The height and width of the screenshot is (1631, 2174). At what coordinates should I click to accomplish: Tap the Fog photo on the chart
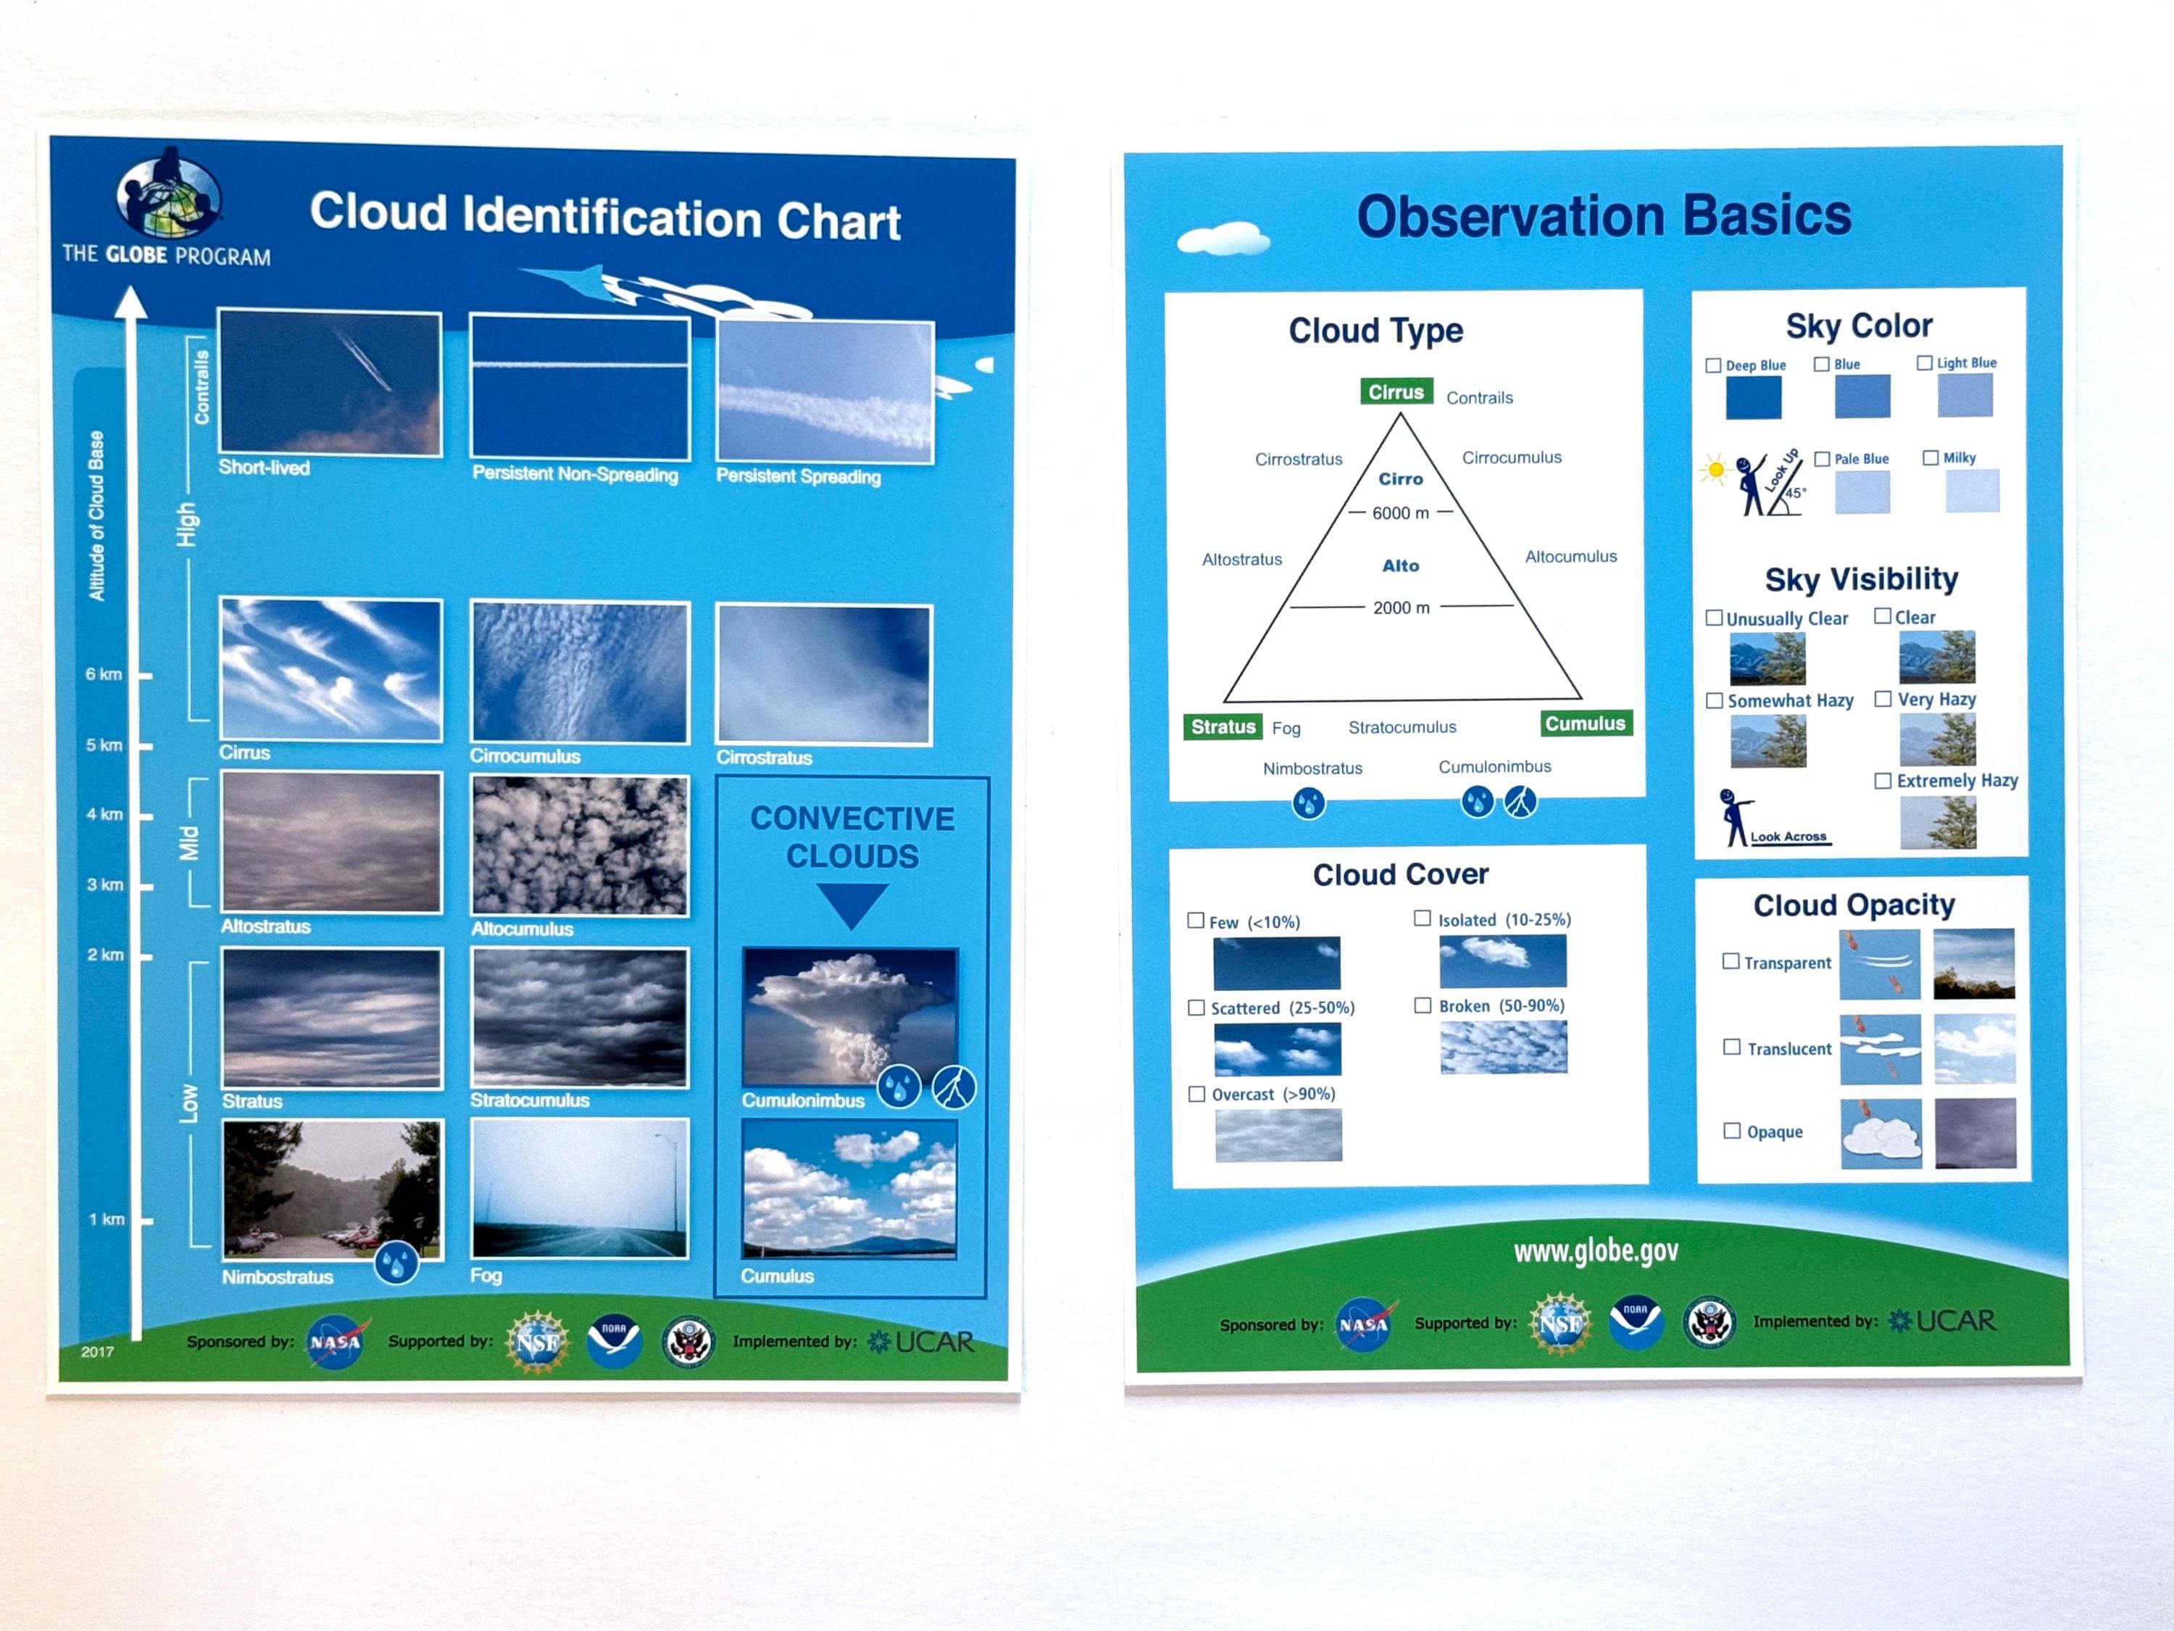[x=580, y=1189]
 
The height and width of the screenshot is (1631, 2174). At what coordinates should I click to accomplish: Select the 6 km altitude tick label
[x=103, y=674]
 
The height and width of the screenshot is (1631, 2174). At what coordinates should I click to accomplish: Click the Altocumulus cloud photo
[x=580, y=845]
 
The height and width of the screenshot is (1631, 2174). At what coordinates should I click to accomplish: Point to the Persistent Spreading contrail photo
[x=825, y=391]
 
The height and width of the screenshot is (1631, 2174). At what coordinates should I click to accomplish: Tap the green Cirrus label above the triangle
[x=1396, y=391]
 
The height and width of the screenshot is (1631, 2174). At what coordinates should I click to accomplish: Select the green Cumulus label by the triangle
[x=1586, y=723]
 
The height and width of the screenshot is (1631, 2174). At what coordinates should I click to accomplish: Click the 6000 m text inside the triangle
[x=1401, y=513]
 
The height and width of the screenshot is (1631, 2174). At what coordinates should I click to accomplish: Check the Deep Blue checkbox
[x=1713, y=366]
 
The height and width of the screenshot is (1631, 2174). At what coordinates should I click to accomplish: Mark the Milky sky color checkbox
[x=1931, y=458]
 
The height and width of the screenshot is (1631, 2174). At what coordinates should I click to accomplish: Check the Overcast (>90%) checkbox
[x=1197, y=1094]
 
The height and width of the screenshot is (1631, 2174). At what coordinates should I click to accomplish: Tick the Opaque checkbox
[x=1732, y=1131]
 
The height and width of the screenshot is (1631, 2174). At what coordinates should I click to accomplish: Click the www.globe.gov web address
[x=1596, y=1250]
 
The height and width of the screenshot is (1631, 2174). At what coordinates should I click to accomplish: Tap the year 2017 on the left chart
[x=97, y=1352]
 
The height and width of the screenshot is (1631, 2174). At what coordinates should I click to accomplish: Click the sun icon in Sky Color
[x=1715, y=470]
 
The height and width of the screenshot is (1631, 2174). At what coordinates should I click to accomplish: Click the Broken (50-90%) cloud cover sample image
[x=1504, y=1047]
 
